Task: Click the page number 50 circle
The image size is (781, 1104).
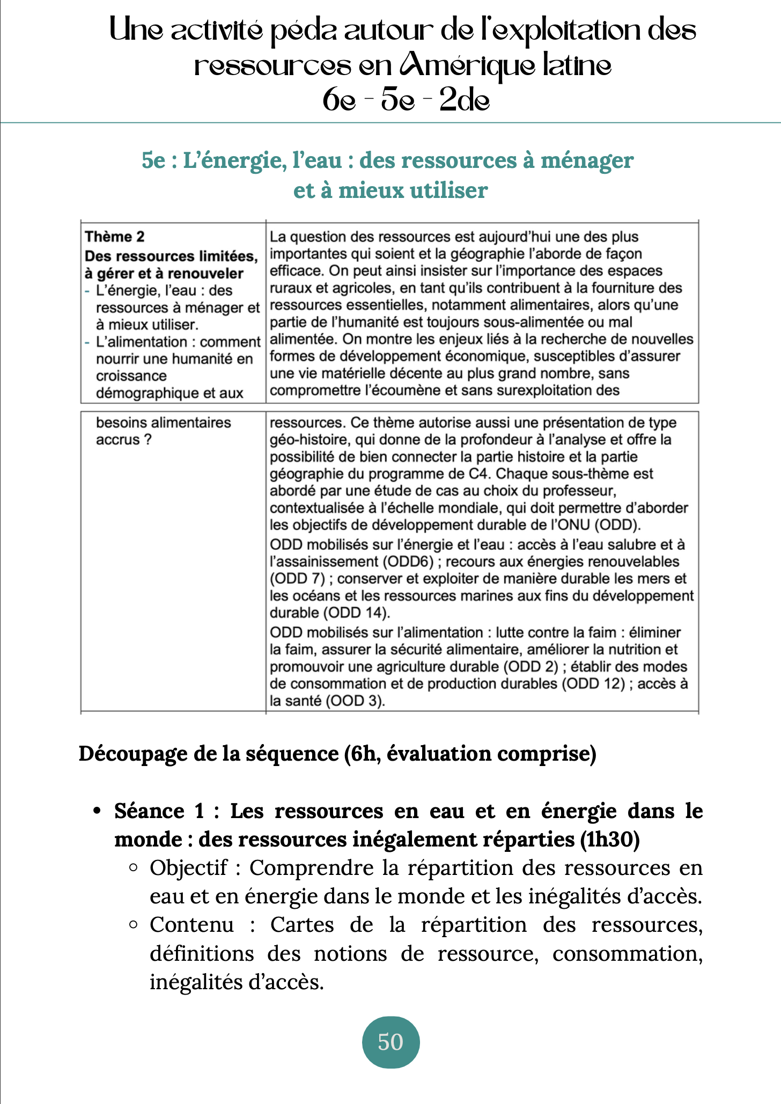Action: tap(390, 1041)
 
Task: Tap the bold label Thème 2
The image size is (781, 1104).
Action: tap(115, 237)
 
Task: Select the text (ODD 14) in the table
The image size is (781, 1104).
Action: tap(356, 613)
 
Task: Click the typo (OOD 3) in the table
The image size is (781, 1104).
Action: tap(355, 701)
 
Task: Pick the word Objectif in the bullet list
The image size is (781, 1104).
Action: tap(188, 867)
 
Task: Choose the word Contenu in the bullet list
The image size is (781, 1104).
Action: tap(191, 924)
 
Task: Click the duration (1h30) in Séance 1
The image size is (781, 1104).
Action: tap(610, 839)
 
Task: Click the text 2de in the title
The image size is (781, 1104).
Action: tap(464, 100)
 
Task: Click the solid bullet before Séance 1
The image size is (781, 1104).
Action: tap(97, 811)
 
